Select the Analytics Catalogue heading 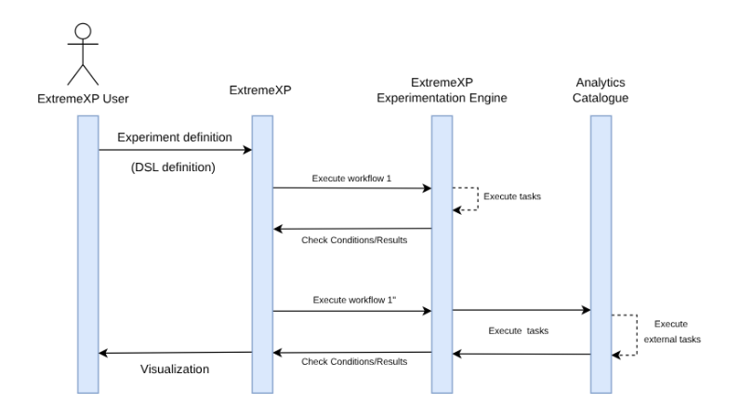600,90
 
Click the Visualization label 174,369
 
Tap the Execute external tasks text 670,331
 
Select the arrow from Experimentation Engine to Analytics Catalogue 521,311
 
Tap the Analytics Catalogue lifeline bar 600,233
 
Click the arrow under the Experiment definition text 175,150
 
